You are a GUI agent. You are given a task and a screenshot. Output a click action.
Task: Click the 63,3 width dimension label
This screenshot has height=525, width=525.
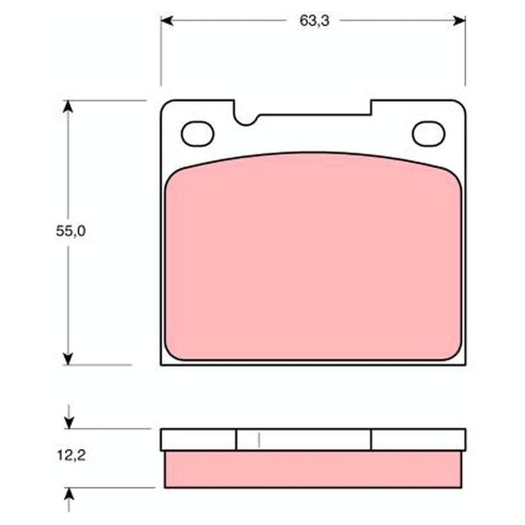314,21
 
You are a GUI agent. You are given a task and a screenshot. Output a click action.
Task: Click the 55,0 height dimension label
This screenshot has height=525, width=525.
71,231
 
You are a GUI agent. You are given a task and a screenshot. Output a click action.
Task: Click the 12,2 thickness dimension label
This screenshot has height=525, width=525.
71,455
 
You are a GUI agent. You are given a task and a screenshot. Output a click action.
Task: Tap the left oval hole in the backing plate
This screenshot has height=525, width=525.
198,134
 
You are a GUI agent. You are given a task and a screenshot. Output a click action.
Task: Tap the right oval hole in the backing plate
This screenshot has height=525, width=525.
429,134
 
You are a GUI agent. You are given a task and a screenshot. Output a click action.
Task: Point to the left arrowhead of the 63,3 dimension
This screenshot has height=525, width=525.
167,21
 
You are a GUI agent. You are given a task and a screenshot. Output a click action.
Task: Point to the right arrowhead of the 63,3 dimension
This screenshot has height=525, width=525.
459,21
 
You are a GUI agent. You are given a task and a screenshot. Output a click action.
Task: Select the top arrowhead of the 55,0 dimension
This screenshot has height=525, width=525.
68,106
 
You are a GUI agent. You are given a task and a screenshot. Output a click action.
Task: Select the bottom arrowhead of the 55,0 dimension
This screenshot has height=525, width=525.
68,358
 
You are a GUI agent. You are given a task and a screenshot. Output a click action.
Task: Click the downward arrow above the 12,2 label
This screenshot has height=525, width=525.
69,417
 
